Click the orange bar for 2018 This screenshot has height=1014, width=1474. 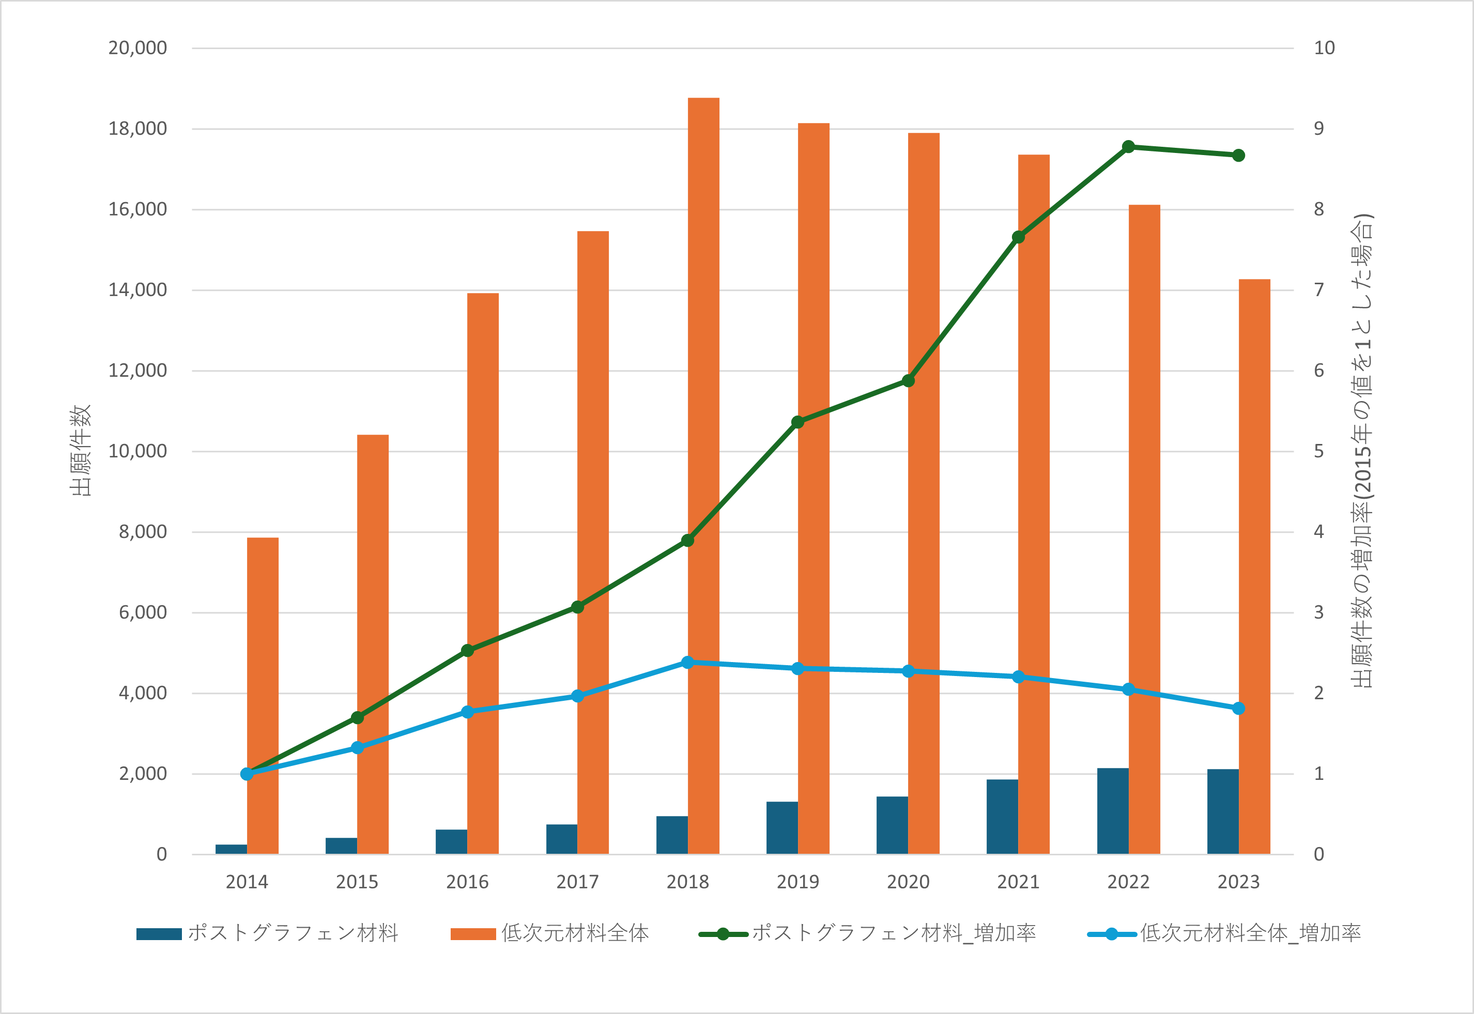click(703, 477)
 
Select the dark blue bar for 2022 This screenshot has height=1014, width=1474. click(1113, 811)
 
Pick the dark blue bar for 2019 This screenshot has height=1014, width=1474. click(782, 828)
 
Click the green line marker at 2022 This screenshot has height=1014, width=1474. click(1128, 147)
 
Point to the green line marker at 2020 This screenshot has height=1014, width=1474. click(909, 380)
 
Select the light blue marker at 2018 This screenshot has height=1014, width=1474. click(687, 663)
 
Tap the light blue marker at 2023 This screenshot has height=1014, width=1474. click(1238, 709)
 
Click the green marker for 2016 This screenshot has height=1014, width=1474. click(468, 651)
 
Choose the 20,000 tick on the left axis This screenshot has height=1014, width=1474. click(137, 48)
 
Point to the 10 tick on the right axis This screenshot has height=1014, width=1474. click(1324, 48)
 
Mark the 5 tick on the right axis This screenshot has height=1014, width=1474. click(1319, 451)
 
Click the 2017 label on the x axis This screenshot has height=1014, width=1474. click(577, 882)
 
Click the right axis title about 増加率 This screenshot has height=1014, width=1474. click(1362, 451)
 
